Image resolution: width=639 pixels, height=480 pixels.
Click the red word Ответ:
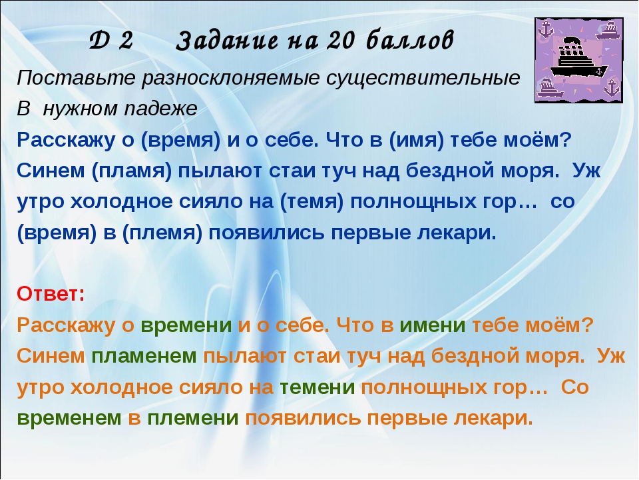pos(51,294)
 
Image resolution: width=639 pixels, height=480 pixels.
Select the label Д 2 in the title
pos(111,41)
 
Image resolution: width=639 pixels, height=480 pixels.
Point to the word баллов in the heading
pos(409,41)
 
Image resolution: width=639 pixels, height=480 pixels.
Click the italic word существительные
pos(423,78)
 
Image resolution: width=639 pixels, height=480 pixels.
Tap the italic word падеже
pos(161,109)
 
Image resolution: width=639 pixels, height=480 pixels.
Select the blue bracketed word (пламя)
pos(132,171)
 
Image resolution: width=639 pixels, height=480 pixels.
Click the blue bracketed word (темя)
pos(312,202)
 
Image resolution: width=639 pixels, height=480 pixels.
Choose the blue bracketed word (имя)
pos(416,140)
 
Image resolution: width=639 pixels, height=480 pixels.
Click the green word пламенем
pos(144,356)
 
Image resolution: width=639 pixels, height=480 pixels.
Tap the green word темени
pos(317,387)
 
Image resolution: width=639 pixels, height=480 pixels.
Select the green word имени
pos(433,325)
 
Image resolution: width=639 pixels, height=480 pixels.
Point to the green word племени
pos(193,418)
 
